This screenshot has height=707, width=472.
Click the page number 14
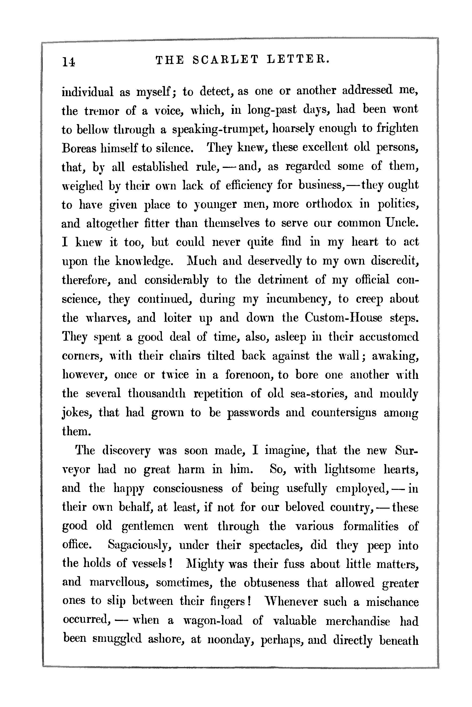69,61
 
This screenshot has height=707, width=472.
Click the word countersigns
343,412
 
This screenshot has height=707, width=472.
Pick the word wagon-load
213,621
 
